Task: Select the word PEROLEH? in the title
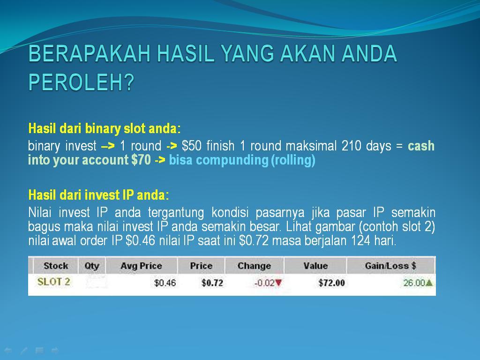[82, 82]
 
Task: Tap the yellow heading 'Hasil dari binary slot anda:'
[104, 128]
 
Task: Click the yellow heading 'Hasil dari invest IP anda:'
[98, 195]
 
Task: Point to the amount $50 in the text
[192, 146]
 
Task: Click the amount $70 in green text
[141, 160]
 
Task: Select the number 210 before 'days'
[351, 146]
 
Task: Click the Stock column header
[56, 266]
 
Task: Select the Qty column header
[92, 266]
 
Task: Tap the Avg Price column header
[141, 266]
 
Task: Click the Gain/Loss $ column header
[390, 266]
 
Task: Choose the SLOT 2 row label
[53, 282]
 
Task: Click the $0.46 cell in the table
[165, 283]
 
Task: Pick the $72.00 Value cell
[331, 283]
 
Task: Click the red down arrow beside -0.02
[279, 283]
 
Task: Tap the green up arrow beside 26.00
[429, 283]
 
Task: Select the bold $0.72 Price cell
[212, 283]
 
